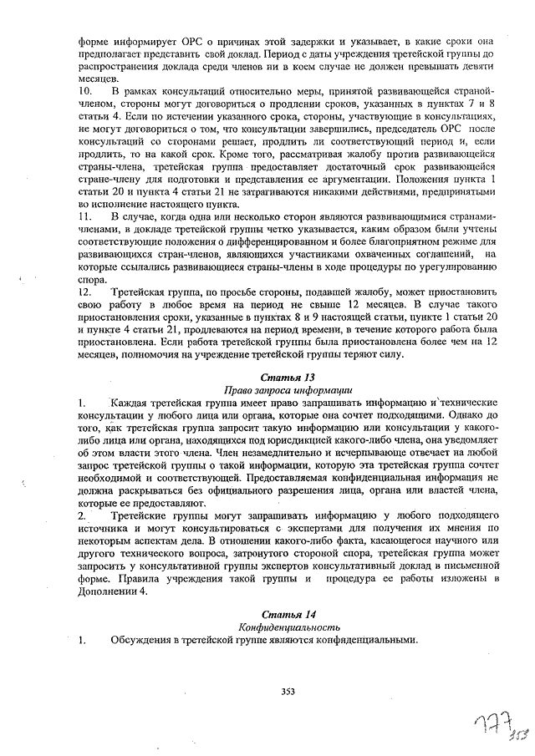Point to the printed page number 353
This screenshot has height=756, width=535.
(288, 691)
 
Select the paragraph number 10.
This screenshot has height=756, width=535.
(84, 89)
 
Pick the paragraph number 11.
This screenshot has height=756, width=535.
(84, 216)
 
